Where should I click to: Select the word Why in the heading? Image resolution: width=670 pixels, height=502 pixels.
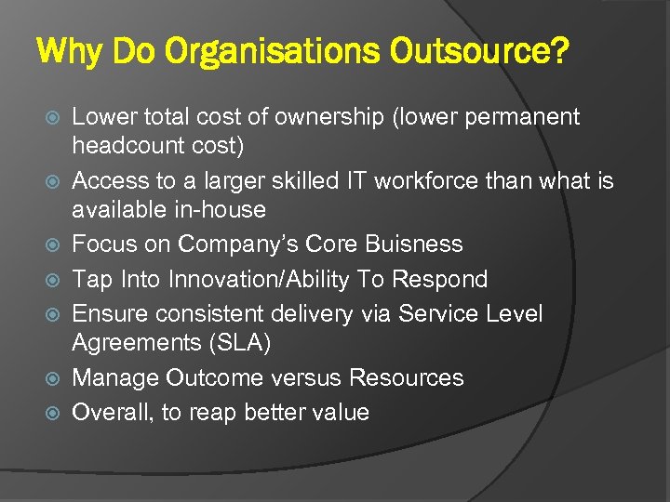point(71,53)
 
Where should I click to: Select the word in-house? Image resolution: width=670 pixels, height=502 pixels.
point(220,210)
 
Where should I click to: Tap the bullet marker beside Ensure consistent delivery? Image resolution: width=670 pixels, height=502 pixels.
point(52,314)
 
